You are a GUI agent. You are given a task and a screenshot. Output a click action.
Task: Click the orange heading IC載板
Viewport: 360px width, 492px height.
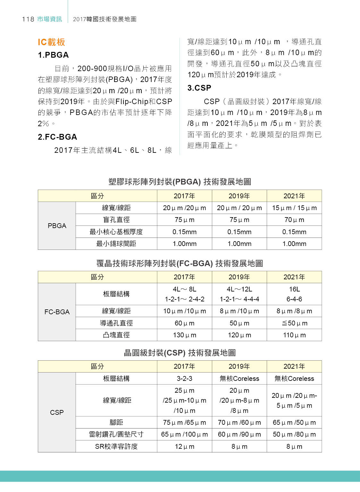pyautogui.click(x=51, y=42)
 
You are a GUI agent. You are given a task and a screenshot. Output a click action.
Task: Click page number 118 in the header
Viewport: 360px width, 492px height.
pyautogui.click(x=28, y=19)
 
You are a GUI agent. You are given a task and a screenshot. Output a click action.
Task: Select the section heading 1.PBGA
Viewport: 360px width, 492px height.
pyautogui.click(x=53, y=55)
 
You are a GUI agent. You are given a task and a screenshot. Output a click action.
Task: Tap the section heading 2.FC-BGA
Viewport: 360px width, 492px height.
pyautogui.click(x=57, y=137)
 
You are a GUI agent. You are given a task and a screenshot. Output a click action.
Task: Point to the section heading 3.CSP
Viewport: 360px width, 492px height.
pyautogui.click(x=199, y=88)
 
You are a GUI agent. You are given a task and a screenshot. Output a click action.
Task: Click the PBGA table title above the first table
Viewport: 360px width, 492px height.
pyautogui.click(x=180, y=182)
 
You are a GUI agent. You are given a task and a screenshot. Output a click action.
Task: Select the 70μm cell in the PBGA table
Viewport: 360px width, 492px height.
pyautogui.click(x=294, y=220)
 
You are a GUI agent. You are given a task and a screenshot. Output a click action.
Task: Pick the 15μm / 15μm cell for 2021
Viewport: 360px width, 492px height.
pyautogui.click(x=294, y=208)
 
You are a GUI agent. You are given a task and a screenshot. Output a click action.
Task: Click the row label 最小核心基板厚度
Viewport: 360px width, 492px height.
pyautogui.click(x=116, y=232)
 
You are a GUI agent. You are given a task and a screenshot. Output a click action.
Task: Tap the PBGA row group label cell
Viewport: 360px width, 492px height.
pyautogui.click(x=57, y=226)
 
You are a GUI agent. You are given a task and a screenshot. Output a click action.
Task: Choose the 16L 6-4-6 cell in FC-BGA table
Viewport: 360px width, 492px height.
pyautogui.click(x=294, y=294)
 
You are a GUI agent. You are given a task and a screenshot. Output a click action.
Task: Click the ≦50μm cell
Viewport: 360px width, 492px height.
pyautogui.click(x=294, y=323)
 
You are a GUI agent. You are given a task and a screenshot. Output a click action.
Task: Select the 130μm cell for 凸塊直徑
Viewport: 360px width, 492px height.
pyautogui.click(x=184, y=335)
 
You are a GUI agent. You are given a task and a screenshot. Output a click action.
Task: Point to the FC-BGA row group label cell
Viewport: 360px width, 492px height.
pyautogui.click(x=57, y=312)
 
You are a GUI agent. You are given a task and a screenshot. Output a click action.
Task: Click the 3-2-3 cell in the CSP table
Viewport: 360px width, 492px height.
pyautogui.click(x=184, y=379)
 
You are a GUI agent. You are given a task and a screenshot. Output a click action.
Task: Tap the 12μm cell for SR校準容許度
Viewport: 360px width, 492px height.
pyautogui.click(x=184, y=447)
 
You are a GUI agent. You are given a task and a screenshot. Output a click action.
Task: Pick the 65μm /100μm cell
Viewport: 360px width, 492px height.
pyautogui.click(x=184, y=434)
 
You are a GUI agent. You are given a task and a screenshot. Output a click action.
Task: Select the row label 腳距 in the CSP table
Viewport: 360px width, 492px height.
pyautogui.click(x=116, y=422)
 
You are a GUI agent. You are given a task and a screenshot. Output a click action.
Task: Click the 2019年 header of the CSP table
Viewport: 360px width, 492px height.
pyautogui.click(x=239, y=366)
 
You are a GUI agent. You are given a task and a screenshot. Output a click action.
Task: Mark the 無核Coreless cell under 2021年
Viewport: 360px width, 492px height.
pyautogui.click(x=294, y=379)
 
